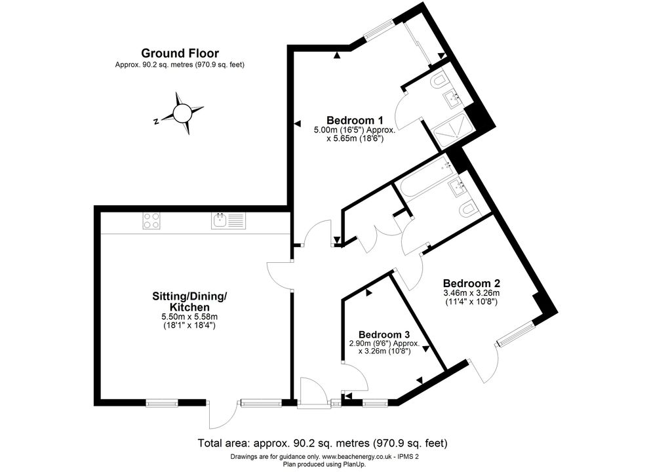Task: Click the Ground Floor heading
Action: (x=180, y=53)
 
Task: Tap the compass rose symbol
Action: (x=182, y=113)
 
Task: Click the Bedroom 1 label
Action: (x=355, y=120)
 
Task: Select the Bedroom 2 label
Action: (x=471, y=283)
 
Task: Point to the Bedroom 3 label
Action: (x=384, y=334)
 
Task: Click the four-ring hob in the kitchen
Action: (x=151, y=220)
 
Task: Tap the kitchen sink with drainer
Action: (x=228, y=220)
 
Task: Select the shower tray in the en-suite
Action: (x=452, y=131)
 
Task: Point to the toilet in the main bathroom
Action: (x=467, y=210)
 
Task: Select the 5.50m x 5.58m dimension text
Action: (x=189, y=317)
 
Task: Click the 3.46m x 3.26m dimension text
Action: (x=471, y=293)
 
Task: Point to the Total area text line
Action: (x=323, y=443)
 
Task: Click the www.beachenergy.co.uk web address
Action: (x=357, y=457)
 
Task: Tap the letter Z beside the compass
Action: (x=155, y=122)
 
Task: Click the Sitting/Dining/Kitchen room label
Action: (x=190, y=302)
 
